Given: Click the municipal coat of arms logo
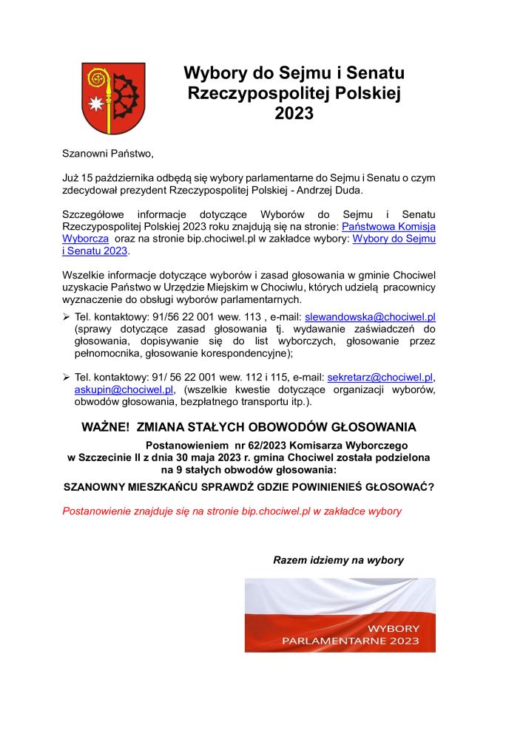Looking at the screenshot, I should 112,98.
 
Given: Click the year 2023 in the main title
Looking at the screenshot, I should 294,114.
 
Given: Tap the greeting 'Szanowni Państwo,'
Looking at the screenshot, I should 108,154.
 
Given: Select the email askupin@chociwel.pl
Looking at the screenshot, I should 124,389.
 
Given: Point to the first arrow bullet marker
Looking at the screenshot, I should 67,316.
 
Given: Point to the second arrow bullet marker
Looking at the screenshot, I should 67,378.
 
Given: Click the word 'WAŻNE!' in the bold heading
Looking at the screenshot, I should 105,427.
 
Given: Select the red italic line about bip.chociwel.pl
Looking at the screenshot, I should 232,511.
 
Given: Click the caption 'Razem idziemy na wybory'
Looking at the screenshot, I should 338,560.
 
